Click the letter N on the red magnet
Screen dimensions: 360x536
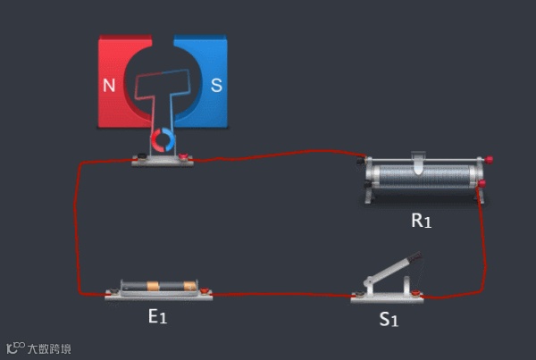point(109,86)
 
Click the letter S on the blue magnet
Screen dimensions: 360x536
point(215,86)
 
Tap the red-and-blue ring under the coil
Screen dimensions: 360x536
point(163,139)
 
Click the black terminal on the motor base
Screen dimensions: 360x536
point(139,160)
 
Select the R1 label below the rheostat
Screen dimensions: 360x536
point(421,220)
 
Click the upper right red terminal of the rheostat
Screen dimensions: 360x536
point(489,160)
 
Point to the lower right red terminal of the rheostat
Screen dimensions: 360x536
point(482,185)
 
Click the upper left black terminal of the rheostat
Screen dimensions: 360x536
point(362,163)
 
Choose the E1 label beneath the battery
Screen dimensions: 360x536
point(157,315)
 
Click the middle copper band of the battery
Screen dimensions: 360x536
point(153,287)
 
